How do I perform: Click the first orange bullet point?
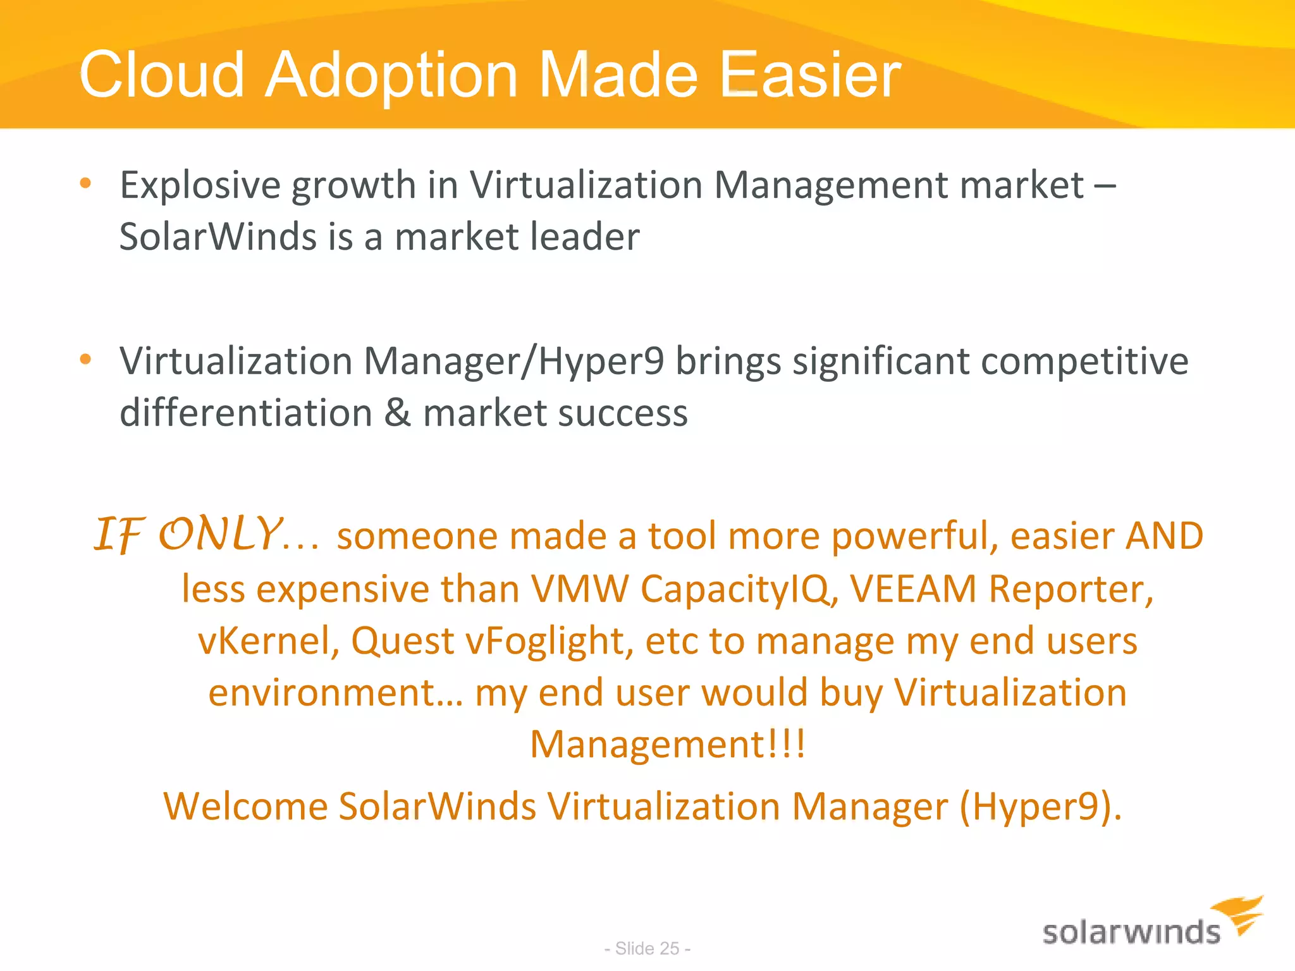[86, 184]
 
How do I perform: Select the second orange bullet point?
[86, 360]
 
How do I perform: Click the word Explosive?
[200, 185]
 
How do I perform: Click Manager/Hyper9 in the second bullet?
[513, 362]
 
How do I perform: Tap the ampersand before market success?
[397, 413]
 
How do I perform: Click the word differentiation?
[245, 413]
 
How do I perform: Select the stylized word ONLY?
[219, 534]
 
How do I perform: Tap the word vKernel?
[269, 641]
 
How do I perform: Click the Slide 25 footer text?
[647, 948]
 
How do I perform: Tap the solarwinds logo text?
[1131, 933]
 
